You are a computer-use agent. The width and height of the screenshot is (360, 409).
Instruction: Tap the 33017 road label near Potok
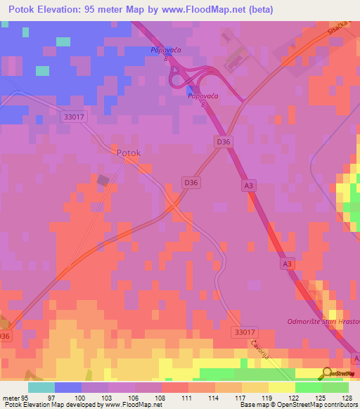(x=74, y=118)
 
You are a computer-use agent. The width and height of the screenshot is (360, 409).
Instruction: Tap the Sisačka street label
(x=340, y=27)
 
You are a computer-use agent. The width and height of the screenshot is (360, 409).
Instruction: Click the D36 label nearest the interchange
(x=223, y=142)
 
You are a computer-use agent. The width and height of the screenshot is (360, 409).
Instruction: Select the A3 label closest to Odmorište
(x=286, y=264)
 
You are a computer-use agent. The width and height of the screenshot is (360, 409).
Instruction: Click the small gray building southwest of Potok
(x=103, y=181)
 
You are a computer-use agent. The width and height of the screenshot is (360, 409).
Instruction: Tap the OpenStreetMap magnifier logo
(x=327, y=373)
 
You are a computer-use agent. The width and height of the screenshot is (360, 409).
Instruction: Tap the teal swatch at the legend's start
(x=41, y=387)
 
